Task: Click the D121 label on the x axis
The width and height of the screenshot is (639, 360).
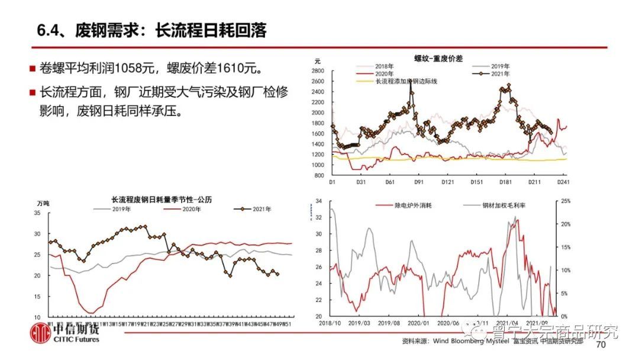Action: pos(447,182)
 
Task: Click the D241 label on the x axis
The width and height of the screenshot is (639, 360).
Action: pos(563,182)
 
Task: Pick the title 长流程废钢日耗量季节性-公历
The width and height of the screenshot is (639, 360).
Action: pos(160,200)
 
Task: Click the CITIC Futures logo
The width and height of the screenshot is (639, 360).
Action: pos(65,333)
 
